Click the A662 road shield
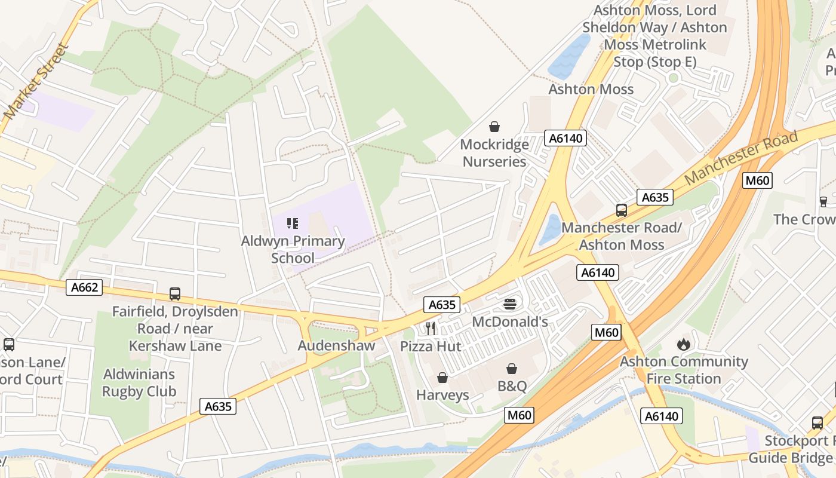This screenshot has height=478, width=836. tap(84, 287)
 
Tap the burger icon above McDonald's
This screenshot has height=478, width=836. tap(509, 304)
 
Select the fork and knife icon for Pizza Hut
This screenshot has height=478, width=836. tap(431, 329)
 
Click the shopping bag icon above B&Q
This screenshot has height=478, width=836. tap(512, 369)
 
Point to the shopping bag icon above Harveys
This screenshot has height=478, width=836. tap(442, 378)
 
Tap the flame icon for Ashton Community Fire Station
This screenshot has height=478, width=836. tap(683, 344)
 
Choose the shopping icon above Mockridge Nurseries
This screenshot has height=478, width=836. tap(494, 127)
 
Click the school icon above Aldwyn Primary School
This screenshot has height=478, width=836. tap(293, 223)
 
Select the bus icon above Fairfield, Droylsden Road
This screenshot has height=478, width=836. tap(175, 294)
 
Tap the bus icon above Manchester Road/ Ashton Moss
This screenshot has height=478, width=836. tap(622, 210)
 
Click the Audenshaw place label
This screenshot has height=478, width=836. tap(336, 345)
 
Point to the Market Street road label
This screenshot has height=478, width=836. tap(36, 81)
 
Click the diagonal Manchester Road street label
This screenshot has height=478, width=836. tap(741, 158)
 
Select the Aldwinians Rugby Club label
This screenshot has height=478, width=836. tap(139, 383)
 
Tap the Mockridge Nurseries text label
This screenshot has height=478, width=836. tap(494, 153)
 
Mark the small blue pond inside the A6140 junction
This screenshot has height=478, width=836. tap(550, 229)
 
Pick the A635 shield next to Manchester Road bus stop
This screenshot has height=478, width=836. tap(654, 197)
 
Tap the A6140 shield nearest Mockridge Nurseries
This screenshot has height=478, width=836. tap(565, 139)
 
